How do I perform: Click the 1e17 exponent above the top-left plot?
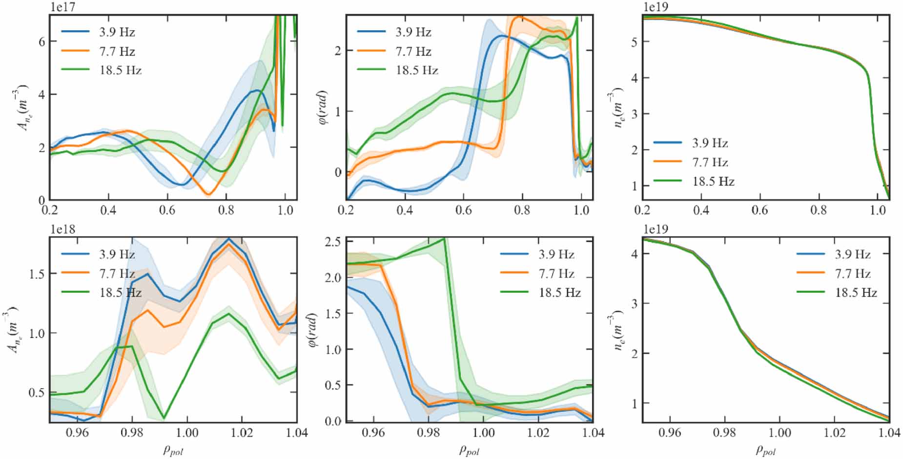(x=63, y=7)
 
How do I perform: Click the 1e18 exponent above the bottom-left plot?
(x=63, y=229)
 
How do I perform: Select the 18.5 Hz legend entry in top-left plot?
(x=120, y=71)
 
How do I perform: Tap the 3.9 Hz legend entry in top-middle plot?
(x=413, y=33)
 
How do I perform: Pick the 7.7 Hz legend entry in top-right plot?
(x=710, y=162)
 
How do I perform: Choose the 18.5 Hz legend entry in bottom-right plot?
(x=856, y=293)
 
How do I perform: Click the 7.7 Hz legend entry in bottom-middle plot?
(x=556, y=274)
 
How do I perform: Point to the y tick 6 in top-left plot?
(x=42, y=41)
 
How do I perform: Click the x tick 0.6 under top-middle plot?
(x=463, y=211)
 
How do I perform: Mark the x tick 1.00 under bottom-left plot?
(x=187, y=433)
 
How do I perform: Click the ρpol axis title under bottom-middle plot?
(x=469, y=450)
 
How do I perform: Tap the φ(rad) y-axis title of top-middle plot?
(x=323, y=107)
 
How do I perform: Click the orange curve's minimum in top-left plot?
(x=208, y=195)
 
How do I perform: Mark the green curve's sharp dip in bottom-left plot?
(x=164, y=418)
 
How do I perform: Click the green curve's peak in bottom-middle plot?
(x=444, y=239)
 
